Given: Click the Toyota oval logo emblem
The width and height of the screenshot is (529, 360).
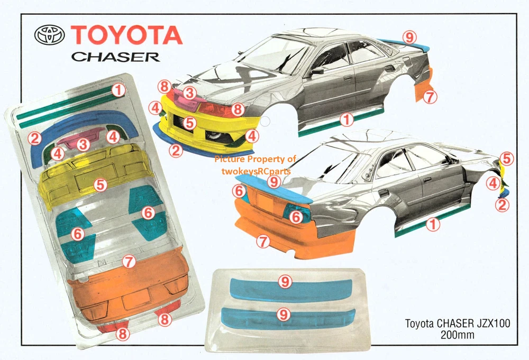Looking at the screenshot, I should tap(49, 35).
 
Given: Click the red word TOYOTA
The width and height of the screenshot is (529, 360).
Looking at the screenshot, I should tap(126, 35).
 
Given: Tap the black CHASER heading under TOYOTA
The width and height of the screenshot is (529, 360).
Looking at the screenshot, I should tap(115, 56).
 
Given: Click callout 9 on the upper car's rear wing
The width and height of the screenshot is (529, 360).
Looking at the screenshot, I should tap(408, 36).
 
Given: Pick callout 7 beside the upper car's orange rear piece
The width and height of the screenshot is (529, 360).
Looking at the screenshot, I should tap(430, 97).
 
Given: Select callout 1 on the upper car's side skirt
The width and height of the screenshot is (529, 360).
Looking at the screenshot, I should tap(346, 120).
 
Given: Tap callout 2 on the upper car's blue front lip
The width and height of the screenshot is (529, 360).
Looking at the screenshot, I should tap(176, 150).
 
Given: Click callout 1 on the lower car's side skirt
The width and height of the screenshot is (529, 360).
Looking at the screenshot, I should tap(433, 225).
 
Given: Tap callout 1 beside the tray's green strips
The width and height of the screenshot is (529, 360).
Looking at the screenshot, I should tap(119, 90).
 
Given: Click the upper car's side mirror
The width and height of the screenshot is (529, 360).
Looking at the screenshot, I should tap(318, 70).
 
